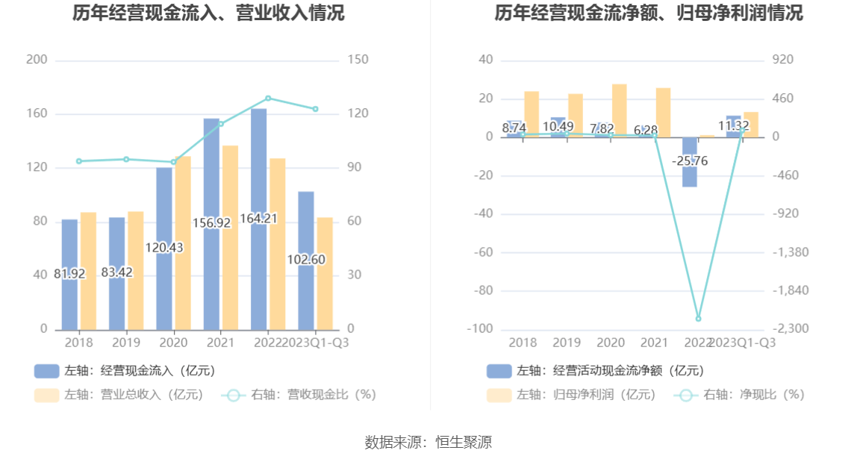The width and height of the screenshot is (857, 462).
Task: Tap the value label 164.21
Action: click(259, 219)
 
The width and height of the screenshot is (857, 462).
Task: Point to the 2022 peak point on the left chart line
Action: click(268, 98)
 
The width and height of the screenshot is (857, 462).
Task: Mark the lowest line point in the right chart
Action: click(699, 319)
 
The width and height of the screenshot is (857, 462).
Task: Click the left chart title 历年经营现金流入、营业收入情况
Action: click(208, 13)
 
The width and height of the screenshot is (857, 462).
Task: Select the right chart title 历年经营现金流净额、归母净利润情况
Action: click(649, 13)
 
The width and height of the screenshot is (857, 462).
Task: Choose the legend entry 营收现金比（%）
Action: click(299, 395)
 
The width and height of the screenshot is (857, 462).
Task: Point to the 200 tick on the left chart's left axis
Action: click(37, 60)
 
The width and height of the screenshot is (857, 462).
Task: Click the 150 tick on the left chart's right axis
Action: click(358, 60)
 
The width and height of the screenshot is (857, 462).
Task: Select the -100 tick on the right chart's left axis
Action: click(480, 329)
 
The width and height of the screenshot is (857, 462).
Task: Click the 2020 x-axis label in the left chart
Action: click(173, 343)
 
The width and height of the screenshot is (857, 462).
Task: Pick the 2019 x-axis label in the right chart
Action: click(567, 343)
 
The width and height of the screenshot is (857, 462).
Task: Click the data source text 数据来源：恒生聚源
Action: click(428, 442)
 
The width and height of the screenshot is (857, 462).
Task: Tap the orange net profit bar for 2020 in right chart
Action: click(620, 110)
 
